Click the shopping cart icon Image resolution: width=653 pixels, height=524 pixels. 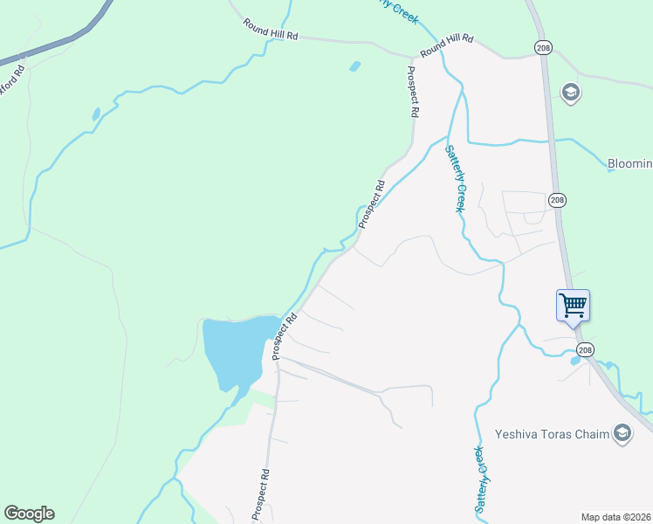tap(574, 306)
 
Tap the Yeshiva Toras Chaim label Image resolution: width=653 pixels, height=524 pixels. tap(550, 432)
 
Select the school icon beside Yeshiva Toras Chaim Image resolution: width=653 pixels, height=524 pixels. tap(622, 433)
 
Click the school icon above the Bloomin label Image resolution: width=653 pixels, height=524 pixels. tap(571, 93)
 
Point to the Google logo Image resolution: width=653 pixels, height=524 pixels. tap(29, 514)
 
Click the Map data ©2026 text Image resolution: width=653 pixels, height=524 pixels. tap(615, 517)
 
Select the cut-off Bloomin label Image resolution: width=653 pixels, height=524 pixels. tap(629, 163)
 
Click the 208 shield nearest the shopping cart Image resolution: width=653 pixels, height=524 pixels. tap(585, 349)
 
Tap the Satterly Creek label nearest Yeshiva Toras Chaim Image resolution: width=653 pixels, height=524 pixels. tap(479, 479)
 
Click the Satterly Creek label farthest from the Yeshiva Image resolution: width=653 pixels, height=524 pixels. tap(455, 178)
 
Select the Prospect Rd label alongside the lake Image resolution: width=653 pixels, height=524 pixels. tap(285, 335)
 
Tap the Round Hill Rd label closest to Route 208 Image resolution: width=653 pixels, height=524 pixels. tap(446, 46)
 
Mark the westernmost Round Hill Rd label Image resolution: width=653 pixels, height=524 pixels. tap(271, 30)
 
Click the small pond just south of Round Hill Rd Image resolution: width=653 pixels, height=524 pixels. tap(354, 66)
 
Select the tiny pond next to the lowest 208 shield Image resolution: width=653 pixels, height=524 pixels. tap(574, 360)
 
